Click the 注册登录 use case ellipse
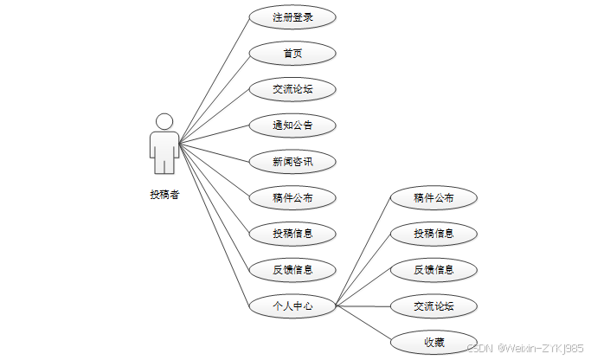pyautogui.click(x=292, y=17)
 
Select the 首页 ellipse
pyautogui.click(x=292, y=54)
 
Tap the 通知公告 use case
pyautogui.click(x=292, y=125)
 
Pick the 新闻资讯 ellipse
pyautogui.click(x=292, y=162)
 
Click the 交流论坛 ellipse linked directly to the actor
pyautogui.click(x=292, y=89)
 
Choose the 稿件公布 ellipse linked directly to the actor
pyautogui.click(x=292, y=198)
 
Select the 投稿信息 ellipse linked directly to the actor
pyautogui.click(x=292, y=234)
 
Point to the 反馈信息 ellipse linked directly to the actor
pyautogui.click(x=292, y=269)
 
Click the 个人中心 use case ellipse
pyautogui.click(x=292, y=305)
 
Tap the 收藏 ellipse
pyautogui.click(x=434, y=342)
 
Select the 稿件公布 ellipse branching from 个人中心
pyautogui.click(x=434, y=198)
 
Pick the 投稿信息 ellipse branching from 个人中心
pyautogui.click(x=434, y=234)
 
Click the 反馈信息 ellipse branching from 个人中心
pyautogui.click(x=434, y=269)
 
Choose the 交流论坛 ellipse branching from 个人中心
pyautogui.click(x=434, y=305)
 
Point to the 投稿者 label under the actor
pyautogui.click(x=164, y=195)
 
